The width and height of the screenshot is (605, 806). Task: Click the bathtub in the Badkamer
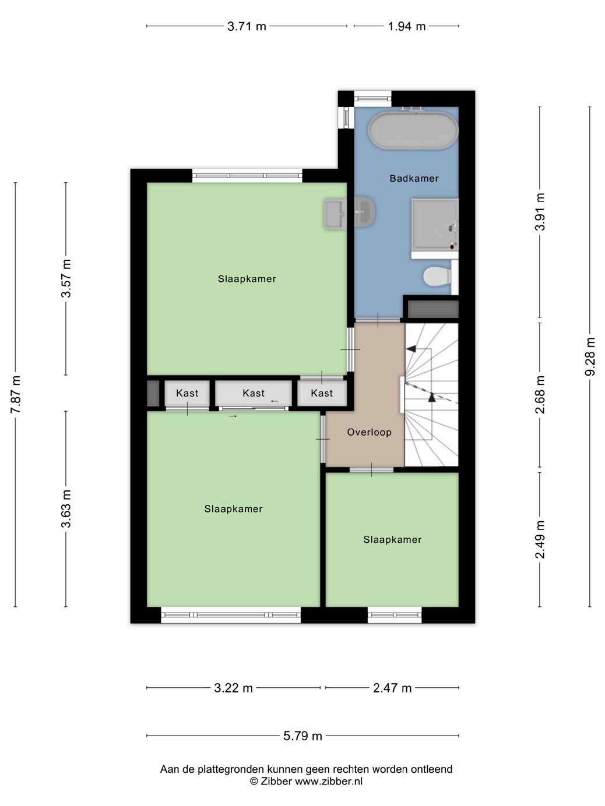[x=413, y=130]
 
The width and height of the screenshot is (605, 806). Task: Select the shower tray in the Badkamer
[x=435, y=225]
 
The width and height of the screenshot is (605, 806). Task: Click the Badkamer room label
[x=414, y=178]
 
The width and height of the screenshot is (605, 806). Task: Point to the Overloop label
[x=369, y=432]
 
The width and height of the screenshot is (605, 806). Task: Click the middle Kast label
[x=254, y=393]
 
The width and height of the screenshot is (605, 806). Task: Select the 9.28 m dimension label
[x=590, y=356]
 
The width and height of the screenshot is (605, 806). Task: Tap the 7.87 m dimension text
[x=15, y=394]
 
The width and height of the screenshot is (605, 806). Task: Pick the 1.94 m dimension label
[x=407, y=26]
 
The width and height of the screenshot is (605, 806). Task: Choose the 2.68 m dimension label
[x=539, y=394]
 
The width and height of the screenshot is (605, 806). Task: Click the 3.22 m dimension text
[x=233, y=688]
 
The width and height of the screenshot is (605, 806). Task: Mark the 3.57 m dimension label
[x=66, y=278]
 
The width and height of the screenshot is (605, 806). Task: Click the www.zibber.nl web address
[x=329, y=781]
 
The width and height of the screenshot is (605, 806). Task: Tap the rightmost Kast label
[x=322, y=393]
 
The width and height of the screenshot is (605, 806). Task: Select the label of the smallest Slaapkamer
[x=392, y=539]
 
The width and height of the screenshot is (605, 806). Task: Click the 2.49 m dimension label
[x=539, y=539]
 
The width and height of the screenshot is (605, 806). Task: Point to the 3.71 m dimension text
[x=247, y=26]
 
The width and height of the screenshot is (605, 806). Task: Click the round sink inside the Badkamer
[x=364, y=211]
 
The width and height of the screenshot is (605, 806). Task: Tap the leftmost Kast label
[x=187, y=393]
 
